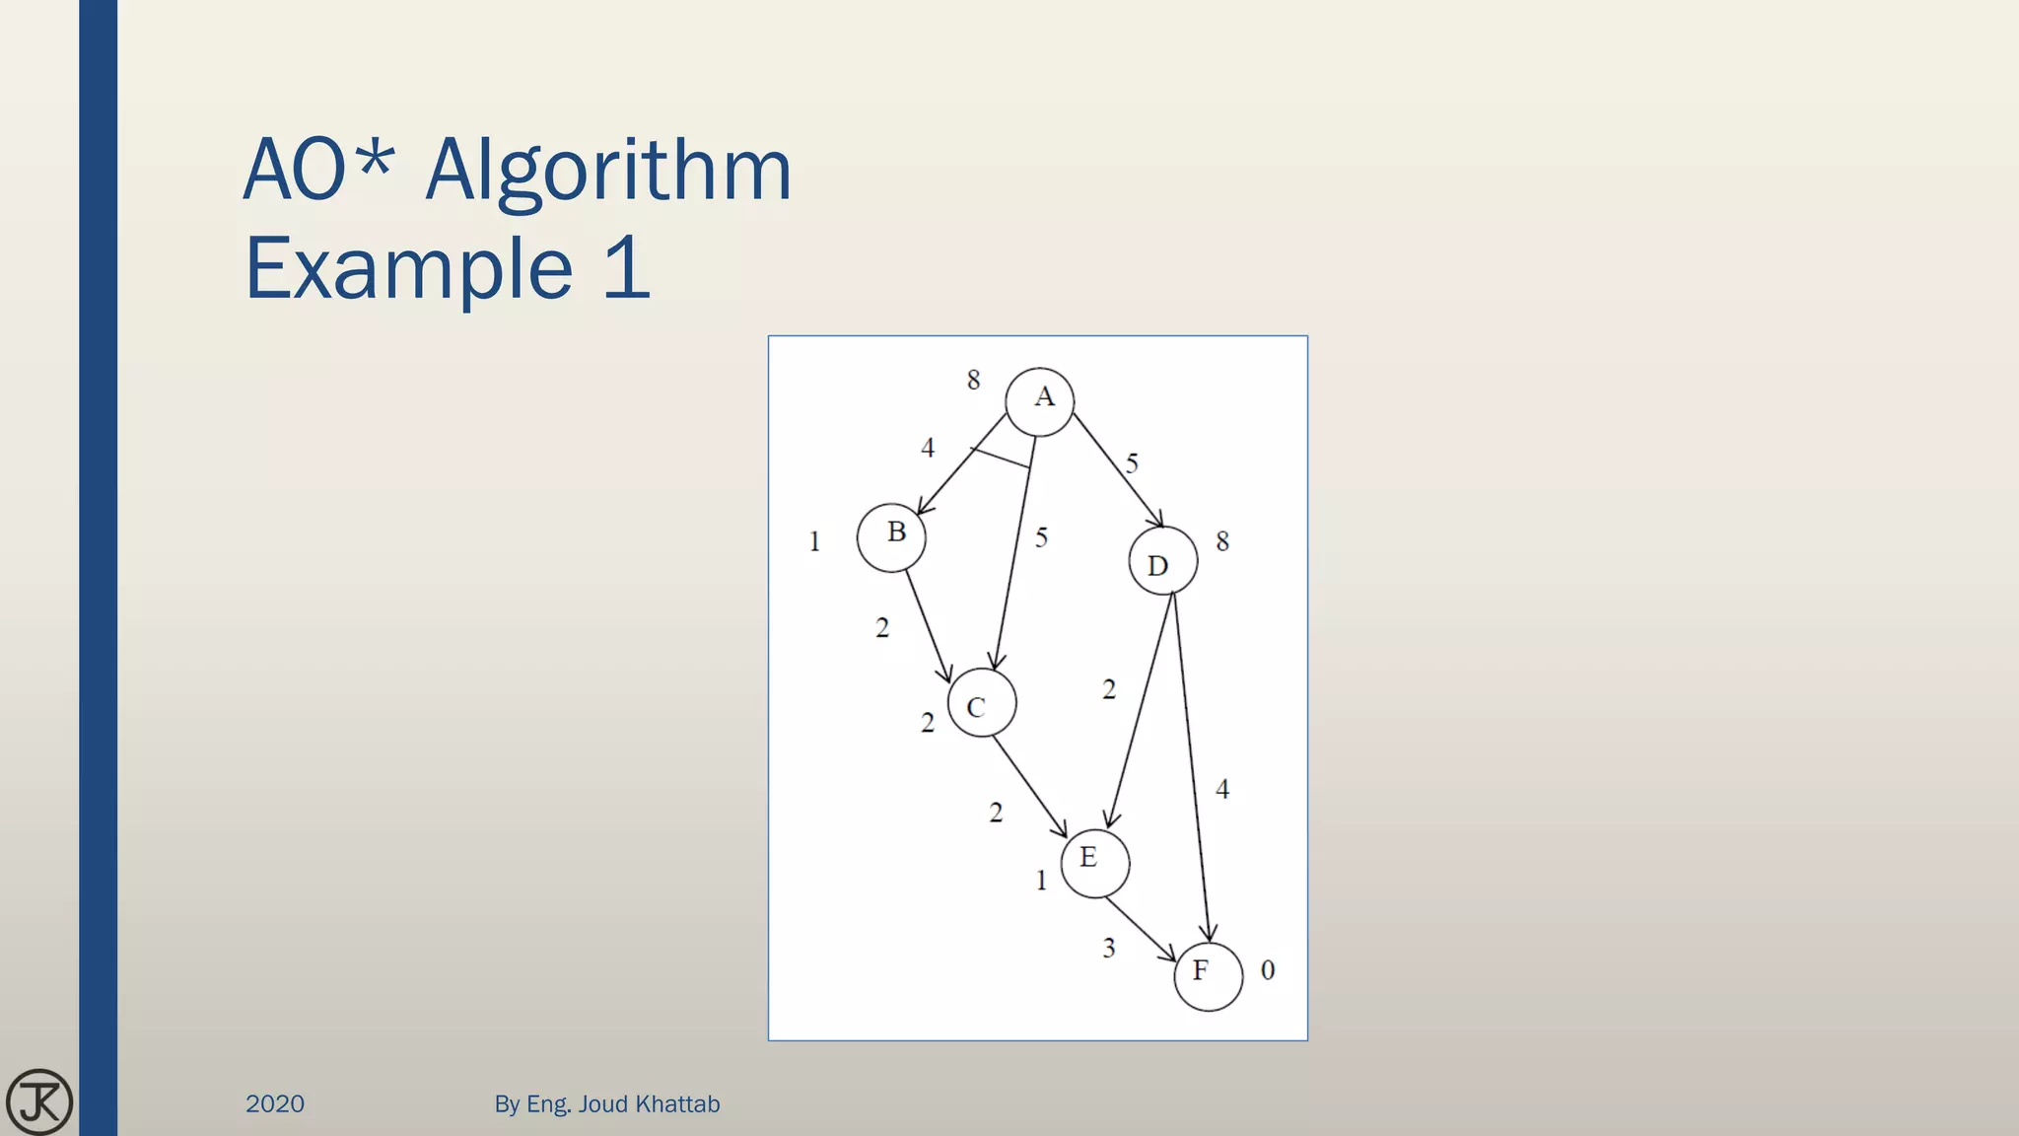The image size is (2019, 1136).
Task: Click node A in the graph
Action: (1039, 401)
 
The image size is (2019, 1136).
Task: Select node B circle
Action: (891, 537)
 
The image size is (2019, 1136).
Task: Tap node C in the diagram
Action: (981, 703)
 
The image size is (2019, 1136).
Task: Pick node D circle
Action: (1163, 560)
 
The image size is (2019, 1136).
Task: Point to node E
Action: (1094, 863)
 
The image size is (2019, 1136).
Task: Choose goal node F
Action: (1208, 976)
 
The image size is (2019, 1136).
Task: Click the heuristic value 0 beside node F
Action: (1268, 970)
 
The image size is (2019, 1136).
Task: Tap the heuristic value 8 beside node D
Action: (1222, 541)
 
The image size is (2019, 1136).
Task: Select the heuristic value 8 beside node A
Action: (973, 380)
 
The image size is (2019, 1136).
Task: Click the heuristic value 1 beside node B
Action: (814, 541)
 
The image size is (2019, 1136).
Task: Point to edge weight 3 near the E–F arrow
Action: (1109, 948)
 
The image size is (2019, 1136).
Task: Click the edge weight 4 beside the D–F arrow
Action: (1222, 789)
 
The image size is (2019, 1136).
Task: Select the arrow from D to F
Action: (1191, 769)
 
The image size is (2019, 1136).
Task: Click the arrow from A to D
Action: (1117, 469)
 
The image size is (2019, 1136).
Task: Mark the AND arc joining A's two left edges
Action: (1001, 459)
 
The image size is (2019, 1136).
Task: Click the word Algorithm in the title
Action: (608, 171)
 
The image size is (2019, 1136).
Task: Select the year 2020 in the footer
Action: (275, 1103)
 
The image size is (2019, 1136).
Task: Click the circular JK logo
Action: (39, 1101)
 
